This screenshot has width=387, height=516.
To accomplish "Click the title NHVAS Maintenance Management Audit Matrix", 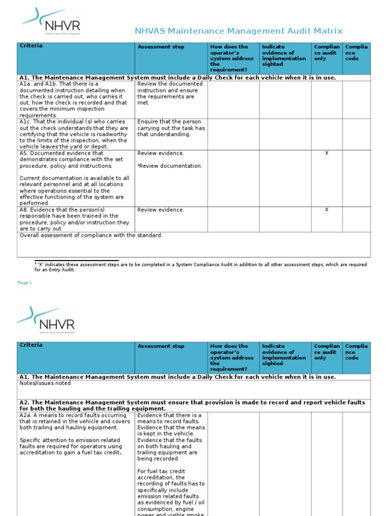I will click(x=238, y=31).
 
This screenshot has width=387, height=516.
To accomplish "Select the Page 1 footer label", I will click(x=25, y=283).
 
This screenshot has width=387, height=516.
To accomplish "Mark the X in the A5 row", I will click(x=327, y=153).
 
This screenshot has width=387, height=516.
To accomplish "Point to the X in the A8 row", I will click(x=327, y=210).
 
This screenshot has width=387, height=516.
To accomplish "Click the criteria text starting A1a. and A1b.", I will click(x=74, y=99).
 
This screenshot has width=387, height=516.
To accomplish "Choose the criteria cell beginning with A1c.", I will click(x=74, y=134).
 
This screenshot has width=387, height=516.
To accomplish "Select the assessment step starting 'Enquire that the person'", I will click(x=171, y=128).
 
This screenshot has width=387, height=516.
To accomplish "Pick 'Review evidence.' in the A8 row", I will click(x=160, y=210).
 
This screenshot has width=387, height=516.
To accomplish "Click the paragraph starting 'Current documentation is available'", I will click(x=75, y=190).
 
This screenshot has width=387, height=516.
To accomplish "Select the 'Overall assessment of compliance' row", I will click(x=91, y=235).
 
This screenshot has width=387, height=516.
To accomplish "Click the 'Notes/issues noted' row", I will click(x=45, y=383).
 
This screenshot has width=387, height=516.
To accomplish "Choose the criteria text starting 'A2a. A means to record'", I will click(x=75, y=421).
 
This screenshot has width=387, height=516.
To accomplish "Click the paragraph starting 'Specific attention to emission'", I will click(x=71, y=446).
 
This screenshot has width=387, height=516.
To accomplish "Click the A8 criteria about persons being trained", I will click(x=75, y=219).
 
